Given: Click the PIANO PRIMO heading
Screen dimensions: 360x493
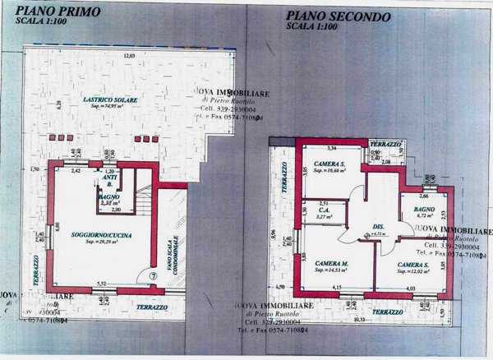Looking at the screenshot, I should [x=53, y=12].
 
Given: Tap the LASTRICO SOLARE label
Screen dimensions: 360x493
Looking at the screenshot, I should [x=110, y=99].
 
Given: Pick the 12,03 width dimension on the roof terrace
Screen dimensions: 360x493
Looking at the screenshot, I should [x=128, y=55].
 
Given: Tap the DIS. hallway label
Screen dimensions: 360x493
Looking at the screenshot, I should [x=379, y=228].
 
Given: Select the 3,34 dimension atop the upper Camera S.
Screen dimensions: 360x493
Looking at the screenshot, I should [x=332, y=149].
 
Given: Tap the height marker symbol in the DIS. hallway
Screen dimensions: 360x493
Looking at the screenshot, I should [x=366, y=234].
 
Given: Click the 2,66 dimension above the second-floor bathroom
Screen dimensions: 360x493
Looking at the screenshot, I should [x=424, y=196].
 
